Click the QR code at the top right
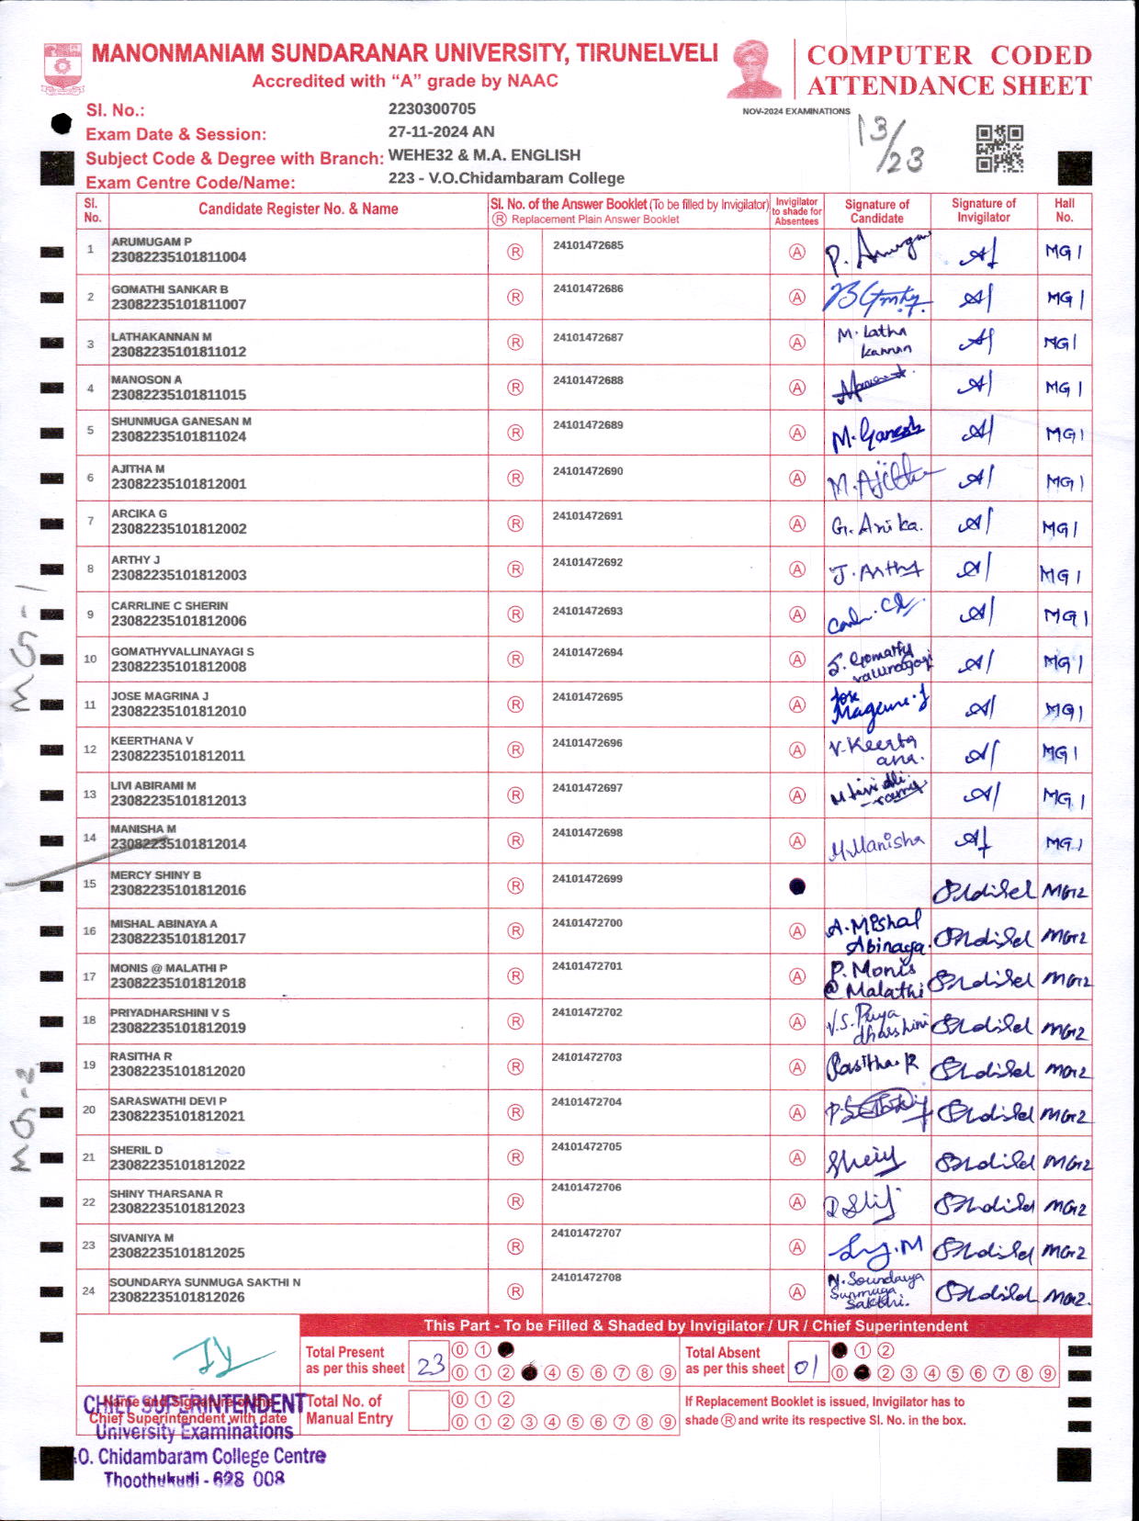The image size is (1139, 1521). click(999, 149)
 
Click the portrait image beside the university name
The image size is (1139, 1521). click(754, 68)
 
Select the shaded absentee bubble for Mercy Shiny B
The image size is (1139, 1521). click(797, 886)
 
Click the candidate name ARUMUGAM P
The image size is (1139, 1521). click(152, 242)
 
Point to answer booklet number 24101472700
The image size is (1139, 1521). click(587, 922)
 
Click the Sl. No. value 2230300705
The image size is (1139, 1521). click(432, 109)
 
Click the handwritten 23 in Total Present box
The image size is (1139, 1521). click(430, 1366)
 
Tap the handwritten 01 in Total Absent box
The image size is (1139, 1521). click(806, 1367)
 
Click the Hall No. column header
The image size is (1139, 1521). click(1064, 210)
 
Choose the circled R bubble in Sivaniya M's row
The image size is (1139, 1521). click(515, 1246)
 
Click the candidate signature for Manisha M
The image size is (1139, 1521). click(876, 843)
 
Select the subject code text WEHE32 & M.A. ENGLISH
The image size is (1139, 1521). click(484, 154)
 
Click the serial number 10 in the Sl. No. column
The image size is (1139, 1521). click(90, 659)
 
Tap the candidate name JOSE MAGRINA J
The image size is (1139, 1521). click(160, 696)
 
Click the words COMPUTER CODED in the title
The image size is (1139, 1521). click(949, 55)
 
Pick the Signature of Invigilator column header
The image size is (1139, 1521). click(983, 210)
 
